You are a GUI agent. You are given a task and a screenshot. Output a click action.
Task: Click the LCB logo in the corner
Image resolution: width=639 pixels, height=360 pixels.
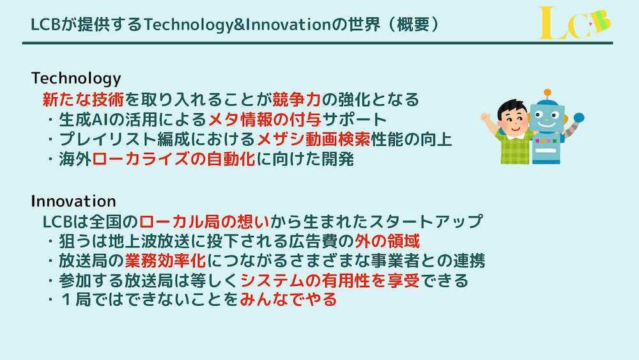tap(574, 23)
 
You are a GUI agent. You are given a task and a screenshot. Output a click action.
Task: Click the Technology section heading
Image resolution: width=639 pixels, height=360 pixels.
tap(76, 78)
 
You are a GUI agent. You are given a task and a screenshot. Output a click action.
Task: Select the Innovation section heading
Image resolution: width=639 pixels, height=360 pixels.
tap(73, 201)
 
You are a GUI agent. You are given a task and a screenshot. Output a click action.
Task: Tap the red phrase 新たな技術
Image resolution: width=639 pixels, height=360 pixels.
tap(83, 99)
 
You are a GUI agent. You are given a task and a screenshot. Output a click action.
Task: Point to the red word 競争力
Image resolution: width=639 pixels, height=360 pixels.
tap(296, 99)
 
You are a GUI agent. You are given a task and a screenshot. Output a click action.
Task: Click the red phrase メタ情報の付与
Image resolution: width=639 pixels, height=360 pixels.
tap(265, 119)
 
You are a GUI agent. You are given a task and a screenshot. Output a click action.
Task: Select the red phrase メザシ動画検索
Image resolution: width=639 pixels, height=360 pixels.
tap(313, 139)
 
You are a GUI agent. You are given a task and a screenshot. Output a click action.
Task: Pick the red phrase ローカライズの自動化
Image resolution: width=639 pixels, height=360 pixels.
tap(174, 159)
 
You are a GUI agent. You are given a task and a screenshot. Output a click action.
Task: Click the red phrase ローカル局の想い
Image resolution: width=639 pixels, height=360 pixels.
tap(204, 221)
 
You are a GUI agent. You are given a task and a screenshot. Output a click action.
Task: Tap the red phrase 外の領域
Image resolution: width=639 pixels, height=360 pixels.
tap(387, 241)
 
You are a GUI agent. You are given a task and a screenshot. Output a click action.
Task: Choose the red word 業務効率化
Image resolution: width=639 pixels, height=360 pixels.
tap(166, 260)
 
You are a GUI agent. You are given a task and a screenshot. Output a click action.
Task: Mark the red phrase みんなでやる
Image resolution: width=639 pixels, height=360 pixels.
tap(289, 300)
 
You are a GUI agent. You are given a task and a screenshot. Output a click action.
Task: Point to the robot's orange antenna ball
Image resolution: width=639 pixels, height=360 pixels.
tap(548, 93)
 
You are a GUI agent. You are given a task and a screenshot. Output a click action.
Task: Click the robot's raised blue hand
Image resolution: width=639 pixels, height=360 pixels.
tap(579, 118)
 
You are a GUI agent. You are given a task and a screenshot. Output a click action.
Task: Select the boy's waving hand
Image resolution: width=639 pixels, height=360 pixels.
tap(486, 119)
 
